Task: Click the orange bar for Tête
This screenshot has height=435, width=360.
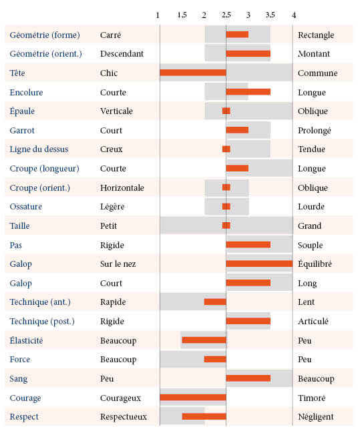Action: pos(193,73)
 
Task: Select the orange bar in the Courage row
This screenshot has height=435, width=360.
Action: pos(193,398)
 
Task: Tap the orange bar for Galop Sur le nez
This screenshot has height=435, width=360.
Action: pos(259,264)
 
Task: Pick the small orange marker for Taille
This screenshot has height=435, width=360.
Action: pos(226,226)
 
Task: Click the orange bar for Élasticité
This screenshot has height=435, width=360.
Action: pos(204,340)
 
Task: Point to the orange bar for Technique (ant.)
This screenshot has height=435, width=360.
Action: pos(215,302)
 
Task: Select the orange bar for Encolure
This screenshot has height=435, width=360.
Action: pos(248,92)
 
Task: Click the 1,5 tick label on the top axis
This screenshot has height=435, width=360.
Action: pos(182,15)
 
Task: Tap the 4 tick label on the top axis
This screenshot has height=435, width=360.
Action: pos(294,15)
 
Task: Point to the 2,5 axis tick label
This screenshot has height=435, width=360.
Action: pos(226,15)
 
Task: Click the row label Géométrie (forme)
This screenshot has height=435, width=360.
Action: pos(45,35)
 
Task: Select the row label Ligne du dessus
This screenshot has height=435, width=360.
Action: pos(39,149)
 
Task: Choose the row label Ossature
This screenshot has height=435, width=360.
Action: pos(25,206)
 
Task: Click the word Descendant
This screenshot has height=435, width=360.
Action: pos(122,53)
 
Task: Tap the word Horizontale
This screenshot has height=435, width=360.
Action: pos(122,187)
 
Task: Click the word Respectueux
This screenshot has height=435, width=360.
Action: pos(124,417)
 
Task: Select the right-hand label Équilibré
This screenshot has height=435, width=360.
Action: pos(315,264)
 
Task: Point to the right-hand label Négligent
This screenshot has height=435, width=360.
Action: pos(315,417)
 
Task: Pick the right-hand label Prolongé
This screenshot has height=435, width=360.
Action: pos(315,130)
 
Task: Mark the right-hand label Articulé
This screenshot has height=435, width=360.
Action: pos(313,322)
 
